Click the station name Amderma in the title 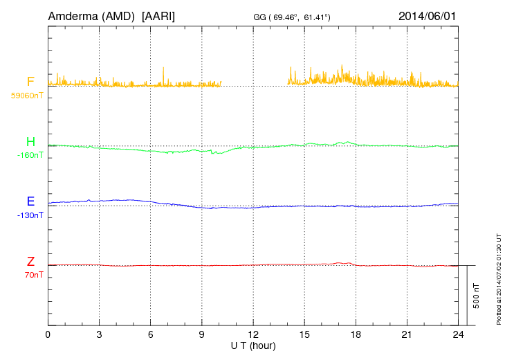pos(71,15)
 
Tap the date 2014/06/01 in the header pos(427,15)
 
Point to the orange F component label pos(30,82)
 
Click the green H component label pos(30,142)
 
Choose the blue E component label pos(30,202)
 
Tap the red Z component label pos(30,262)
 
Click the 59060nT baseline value pos(26,96)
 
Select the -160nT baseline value pos(30,155)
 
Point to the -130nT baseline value pos(30,215)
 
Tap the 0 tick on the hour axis pos(48,334)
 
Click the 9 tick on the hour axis pos(201,334)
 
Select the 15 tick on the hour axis pos(304,334)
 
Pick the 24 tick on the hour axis pos(457,334)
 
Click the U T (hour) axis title pos(253,345)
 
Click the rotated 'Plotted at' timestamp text pos(498,277)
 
